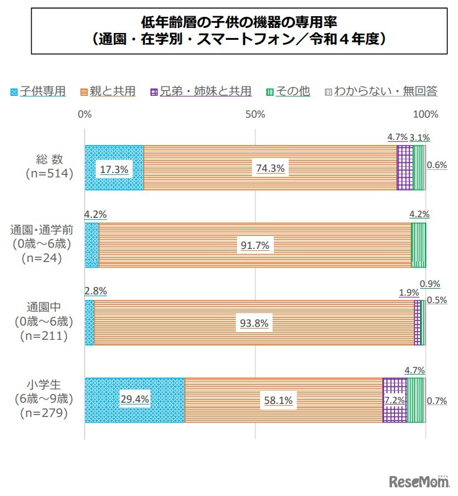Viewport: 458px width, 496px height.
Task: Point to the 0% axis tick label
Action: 85,115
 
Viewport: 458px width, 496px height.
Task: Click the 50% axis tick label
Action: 255,115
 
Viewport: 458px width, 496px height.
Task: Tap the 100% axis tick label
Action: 426,115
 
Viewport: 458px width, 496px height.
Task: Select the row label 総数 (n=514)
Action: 50,167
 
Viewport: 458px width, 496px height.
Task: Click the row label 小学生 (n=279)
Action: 50,400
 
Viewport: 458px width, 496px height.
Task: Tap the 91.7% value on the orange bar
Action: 255,245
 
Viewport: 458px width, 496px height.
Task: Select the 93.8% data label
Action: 255,323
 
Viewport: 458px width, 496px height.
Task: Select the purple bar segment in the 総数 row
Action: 404,167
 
